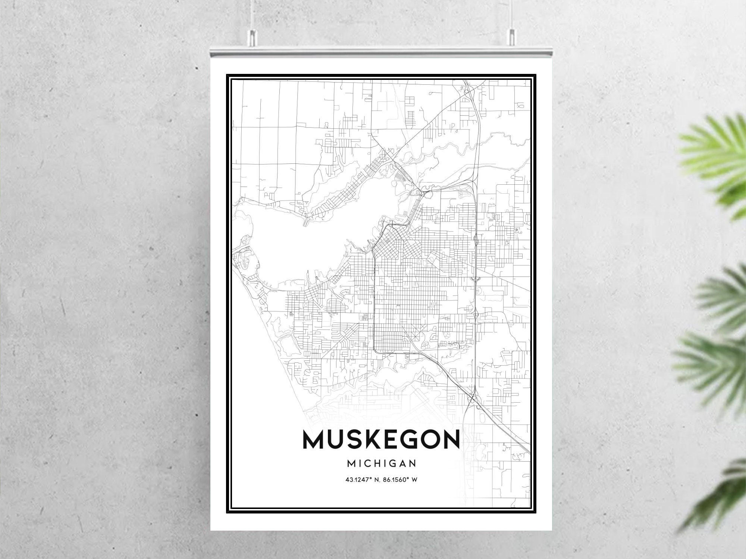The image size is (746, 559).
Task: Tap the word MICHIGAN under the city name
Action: coord(381,463)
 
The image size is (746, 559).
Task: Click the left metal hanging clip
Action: coord(253,35)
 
